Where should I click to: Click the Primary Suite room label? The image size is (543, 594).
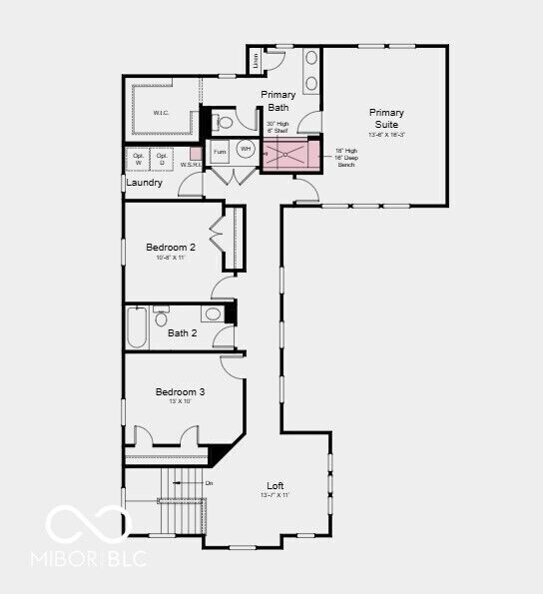click(x=386, y=118)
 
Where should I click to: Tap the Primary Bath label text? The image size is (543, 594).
click(x=278, y=100)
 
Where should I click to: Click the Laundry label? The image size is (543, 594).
click(x=145, y=183)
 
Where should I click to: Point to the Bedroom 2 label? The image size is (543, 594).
click(x=171, y=247)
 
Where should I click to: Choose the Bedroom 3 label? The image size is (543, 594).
click(x=180, y=392)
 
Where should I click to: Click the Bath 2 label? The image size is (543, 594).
click(x=183, y=333)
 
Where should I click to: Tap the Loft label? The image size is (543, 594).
click(x=275, y=485)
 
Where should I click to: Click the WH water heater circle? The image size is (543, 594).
click(x=246, y=149)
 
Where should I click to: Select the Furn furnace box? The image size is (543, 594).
click(x=220, y=152)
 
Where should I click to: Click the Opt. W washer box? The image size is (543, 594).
click(x=137, y=160)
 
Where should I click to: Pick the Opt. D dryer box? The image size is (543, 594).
click(x=162, y=160)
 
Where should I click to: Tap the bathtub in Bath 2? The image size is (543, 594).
click(x=138, y=327)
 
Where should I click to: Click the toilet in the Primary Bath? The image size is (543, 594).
click(x=224, y=124)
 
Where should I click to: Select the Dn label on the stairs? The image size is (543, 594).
click(x=210, y=483)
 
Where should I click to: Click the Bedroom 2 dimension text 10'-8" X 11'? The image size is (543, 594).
click(x=171, y=258)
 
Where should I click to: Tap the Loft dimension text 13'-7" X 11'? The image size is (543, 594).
click(x=275, y=496)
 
